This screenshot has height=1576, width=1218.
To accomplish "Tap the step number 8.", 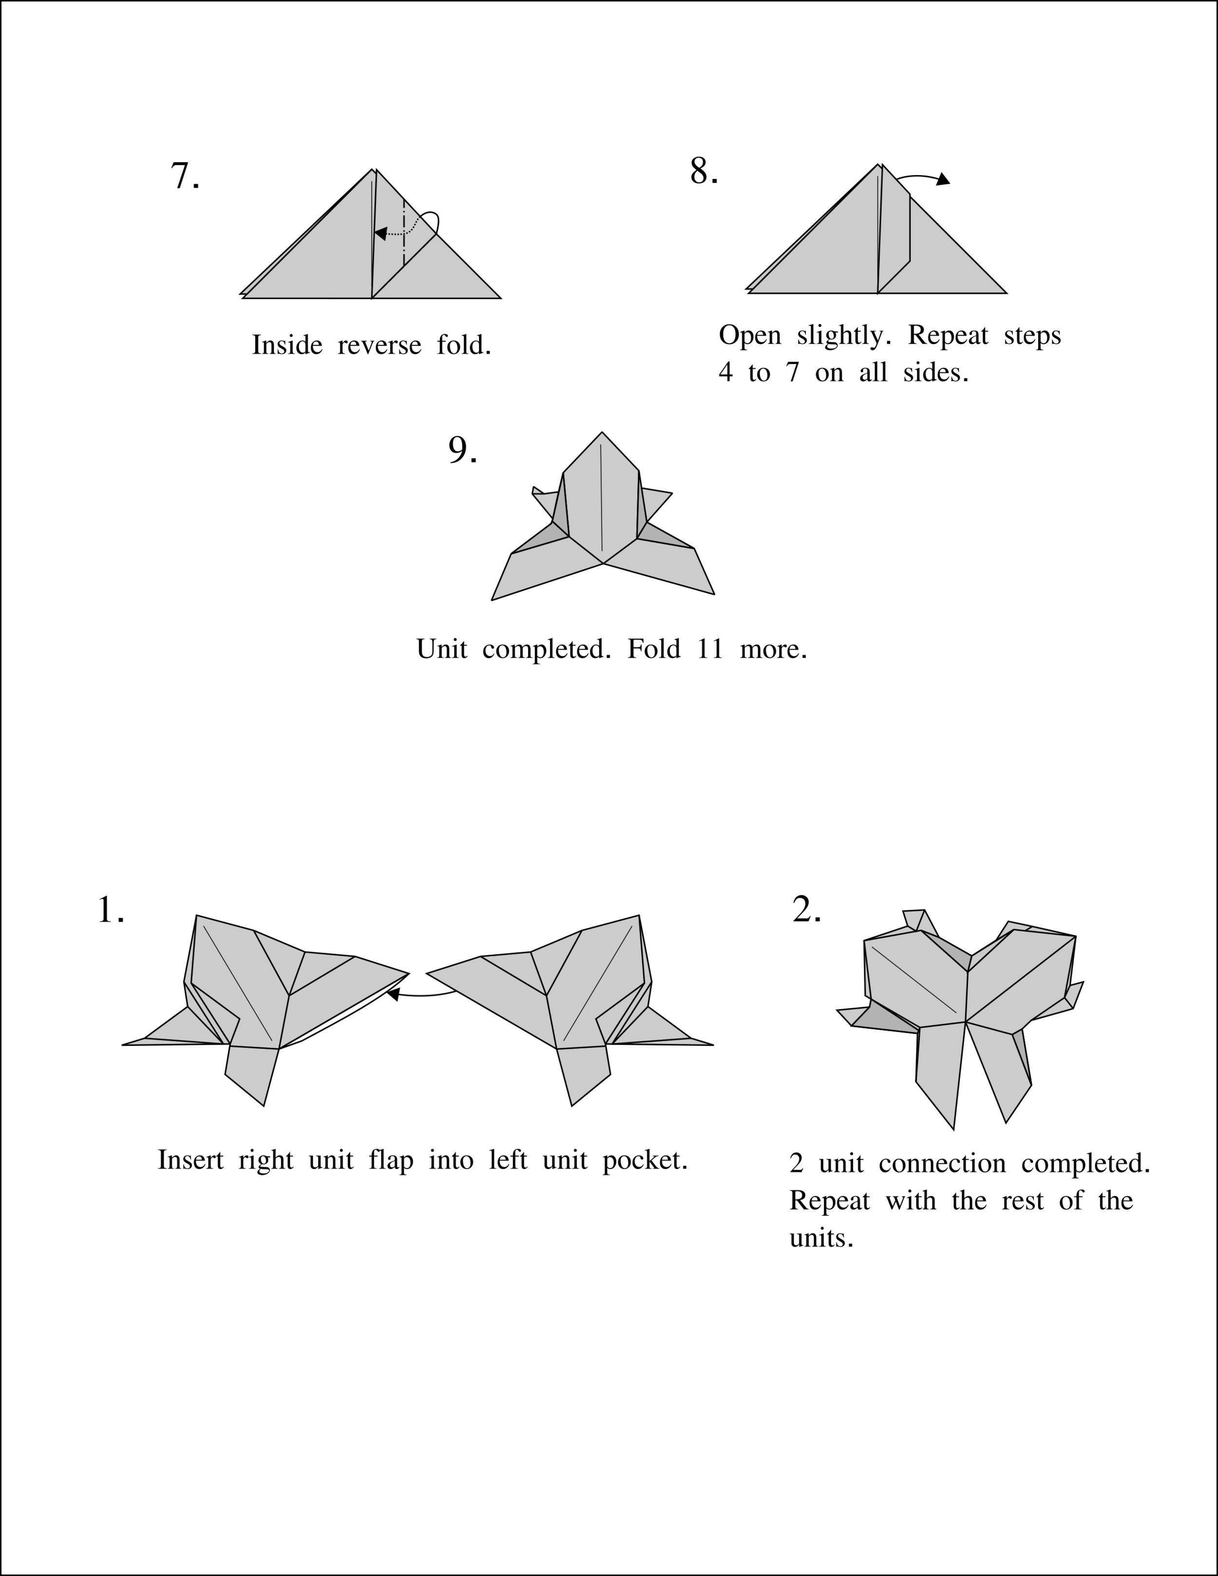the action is coord(704,172).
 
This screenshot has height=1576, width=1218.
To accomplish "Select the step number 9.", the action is coord(462,450).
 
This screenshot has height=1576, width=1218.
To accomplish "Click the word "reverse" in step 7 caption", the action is coord(379,346).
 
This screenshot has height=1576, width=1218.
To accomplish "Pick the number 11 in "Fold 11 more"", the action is coord(710,650).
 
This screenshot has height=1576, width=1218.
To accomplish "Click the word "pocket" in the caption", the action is coord(645,1160).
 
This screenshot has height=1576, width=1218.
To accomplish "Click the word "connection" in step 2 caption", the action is coord(942,1164).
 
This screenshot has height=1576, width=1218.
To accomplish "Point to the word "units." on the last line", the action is coord(821,1238).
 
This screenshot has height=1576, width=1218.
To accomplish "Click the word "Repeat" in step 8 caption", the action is coord(948,336).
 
